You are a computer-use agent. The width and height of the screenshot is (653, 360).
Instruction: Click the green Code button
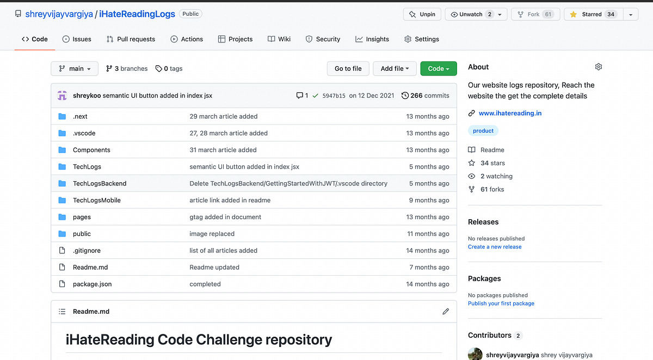coord(438,69)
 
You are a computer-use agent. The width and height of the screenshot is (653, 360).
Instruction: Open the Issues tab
coord(77,39)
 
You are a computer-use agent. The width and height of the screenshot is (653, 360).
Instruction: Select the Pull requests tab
coord(131,39)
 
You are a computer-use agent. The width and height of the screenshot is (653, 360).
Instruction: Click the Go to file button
coord(348,69)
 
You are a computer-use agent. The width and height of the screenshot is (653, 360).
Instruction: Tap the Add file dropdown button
coord(395,69)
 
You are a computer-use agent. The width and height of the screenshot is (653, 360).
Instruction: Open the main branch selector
coord(75,69)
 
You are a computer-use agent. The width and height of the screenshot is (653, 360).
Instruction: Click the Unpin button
coord(422,14)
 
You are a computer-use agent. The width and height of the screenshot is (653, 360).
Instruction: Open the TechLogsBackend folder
coord(100,183)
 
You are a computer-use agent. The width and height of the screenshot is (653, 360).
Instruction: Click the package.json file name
coord(92,284)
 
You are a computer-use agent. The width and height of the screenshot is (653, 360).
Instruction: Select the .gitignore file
coord(87,250)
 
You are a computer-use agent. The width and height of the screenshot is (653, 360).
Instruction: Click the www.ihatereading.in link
coord(510,113)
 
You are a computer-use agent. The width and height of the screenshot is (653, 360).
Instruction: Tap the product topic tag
coord(483,131)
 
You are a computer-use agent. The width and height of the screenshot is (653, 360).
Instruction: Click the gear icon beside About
coord(599,67)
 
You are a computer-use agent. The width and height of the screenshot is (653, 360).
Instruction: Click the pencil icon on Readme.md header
coord(446,312)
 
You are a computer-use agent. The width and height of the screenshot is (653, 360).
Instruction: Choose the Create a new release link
coord(495,247)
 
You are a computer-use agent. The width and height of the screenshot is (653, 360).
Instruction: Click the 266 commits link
coord(426,96)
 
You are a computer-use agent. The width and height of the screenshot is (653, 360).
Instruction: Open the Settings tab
coord(422,39)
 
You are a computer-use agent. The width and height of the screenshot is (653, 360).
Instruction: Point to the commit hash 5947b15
coord(334,96)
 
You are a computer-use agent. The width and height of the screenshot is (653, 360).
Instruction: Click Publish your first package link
coord(501,303)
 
